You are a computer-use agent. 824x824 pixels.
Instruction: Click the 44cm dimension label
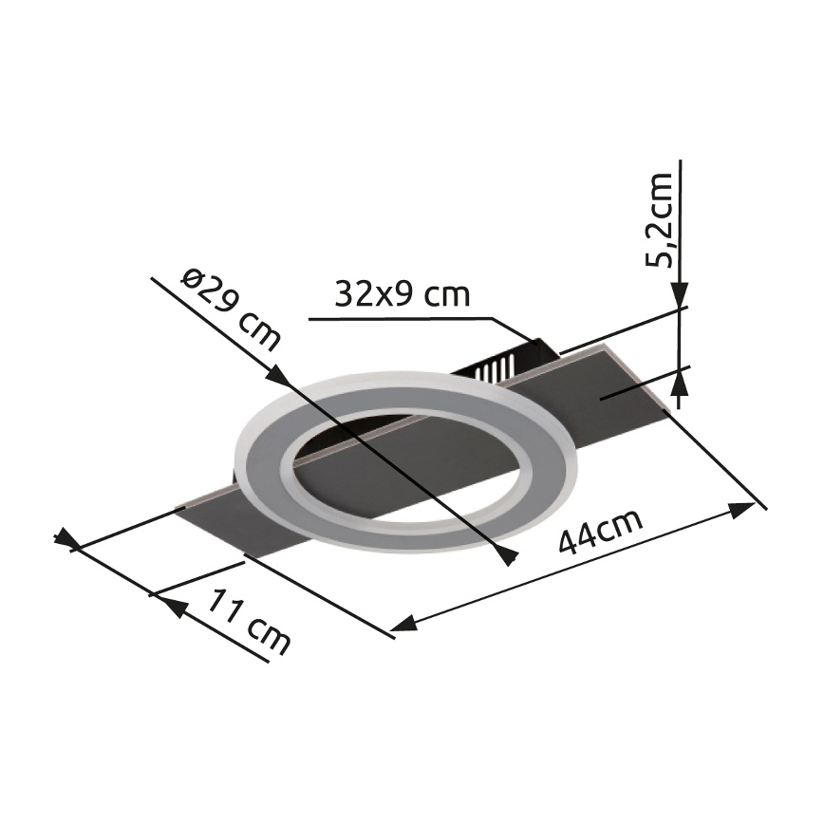pos(600,531)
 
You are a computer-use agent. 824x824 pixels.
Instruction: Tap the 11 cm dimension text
pos(249,622)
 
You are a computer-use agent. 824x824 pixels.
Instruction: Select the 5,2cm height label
pos(659,219)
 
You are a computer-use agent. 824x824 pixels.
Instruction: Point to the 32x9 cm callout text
pos(402,295)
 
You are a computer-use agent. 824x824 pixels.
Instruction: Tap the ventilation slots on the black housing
pos(493,366)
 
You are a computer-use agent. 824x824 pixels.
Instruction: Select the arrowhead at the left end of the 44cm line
pos(403,624)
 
